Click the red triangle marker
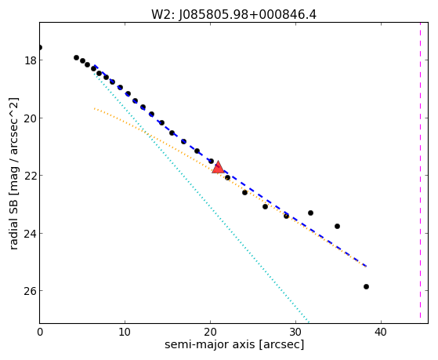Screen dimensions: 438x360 point(218,168)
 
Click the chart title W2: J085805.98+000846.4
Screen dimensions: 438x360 point(233,15)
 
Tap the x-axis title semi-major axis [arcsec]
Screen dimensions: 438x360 point(234,344)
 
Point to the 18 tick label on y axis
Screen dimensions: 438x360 point(30,60)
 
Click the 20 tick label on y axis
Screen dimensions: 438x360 point(30,118)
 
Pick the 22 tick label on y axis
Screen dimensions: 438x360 point(30,176)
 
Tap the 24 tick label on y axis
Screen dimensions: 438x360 point(30,233)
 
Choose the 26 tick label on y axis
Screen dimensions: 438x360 point(30,291)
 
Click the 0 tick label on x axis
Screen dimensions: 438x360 point(40,332)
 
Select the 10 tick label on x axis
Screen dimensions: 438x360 point(125,332)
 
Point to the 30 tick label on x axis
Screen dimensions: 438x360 point(295,332)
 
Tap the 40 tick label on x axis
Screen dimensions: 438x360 point(381,332)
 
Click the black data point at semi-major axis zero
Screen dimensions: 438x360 point(40,47)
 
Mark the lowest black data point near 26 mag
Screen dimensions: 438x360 point(366,286)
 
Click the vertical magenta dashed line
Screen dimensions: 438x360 point(420,171)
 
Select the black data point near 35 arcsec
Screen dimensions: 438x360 point(337,226)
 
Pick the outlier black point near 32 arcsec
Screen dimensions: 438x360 point(310,213)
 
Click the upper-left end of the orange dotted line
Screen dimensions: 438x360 point(94,108)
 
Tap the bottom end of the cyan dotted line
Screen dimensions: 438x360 point(309,322)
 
